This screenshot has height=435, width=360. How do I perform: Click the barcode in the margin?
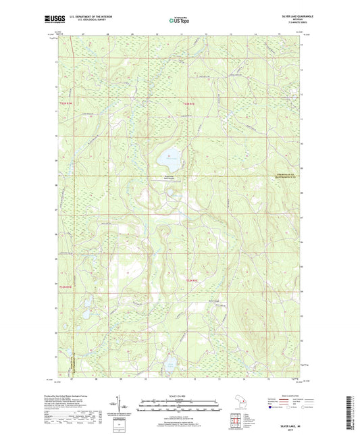pos(353,409)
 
